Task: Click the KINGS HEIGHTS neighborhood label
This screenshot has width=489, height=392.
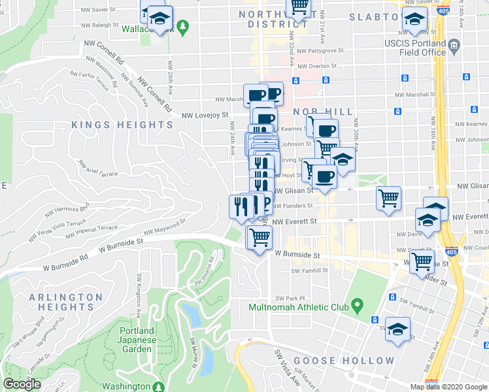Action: pyautogui.click(x=122, y=125)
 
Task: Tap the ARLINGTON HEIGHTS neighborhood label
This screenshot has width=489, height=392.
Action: pyautogui.click(x=65, y=302)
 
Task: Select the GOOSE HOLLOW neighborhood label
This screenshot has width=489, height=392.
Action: pyautogui.click(x=344, y=361)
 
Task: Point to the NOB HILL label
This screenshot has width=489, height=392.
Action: pyautogui.click(x=323, y=112)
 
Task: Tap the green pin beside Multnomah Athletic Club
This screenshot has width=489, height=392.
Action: pyautogui.click(x=357, y=305)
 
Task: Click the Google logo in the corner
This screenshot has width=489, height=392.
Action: pyautogui.click(x=22, y=384)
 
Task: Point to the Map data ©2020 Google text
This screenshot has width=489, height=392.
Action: pyautogui.click(x=448, y=387)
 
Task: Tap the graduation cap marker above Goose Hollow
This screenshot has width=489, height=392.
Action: pyautogui.click(x=397, y=330)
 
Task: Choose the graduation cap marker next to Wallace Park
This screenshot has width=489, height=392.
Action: pyautogui.click(x=158, y=18)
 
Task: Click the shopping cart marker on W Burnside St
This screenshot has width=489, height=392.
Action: pyautogui.click(x=260, y=238)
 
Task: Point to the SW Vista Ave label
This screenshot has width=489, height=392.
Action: pyautogui.click(x=286, y=372)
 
